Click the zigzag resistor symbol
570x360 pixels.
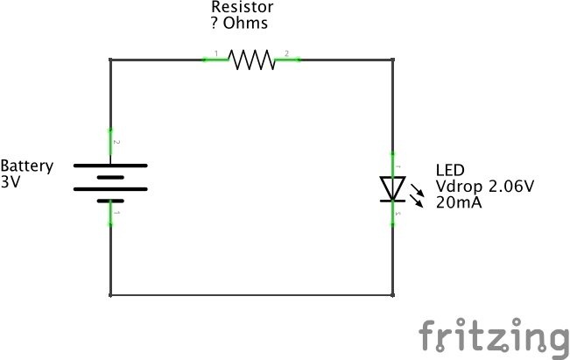coord(251,60)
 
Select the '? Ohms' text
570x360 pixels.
coord(240,23)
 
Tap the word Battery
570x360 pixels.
coord(27,166)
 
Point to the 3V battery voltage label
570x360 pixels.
coord(11,182)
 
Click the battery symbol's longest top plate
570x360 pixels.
coord(110,165)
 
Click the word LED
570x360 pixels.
coord(450,171)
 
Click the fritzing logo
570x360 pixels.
coord(492,336)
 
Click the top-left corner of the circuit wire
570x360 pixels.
coord(110,60)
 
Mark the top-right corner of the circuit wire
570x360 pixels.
coord(392,60)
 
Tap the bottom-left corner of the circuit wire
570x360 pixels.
coord(110,294)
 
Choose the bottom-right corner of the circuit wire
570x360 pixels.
coord(392,294)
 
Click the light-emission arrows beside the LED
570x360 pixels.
coord(419,194)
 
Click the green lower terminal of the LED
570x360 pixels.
coord(392,215)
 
